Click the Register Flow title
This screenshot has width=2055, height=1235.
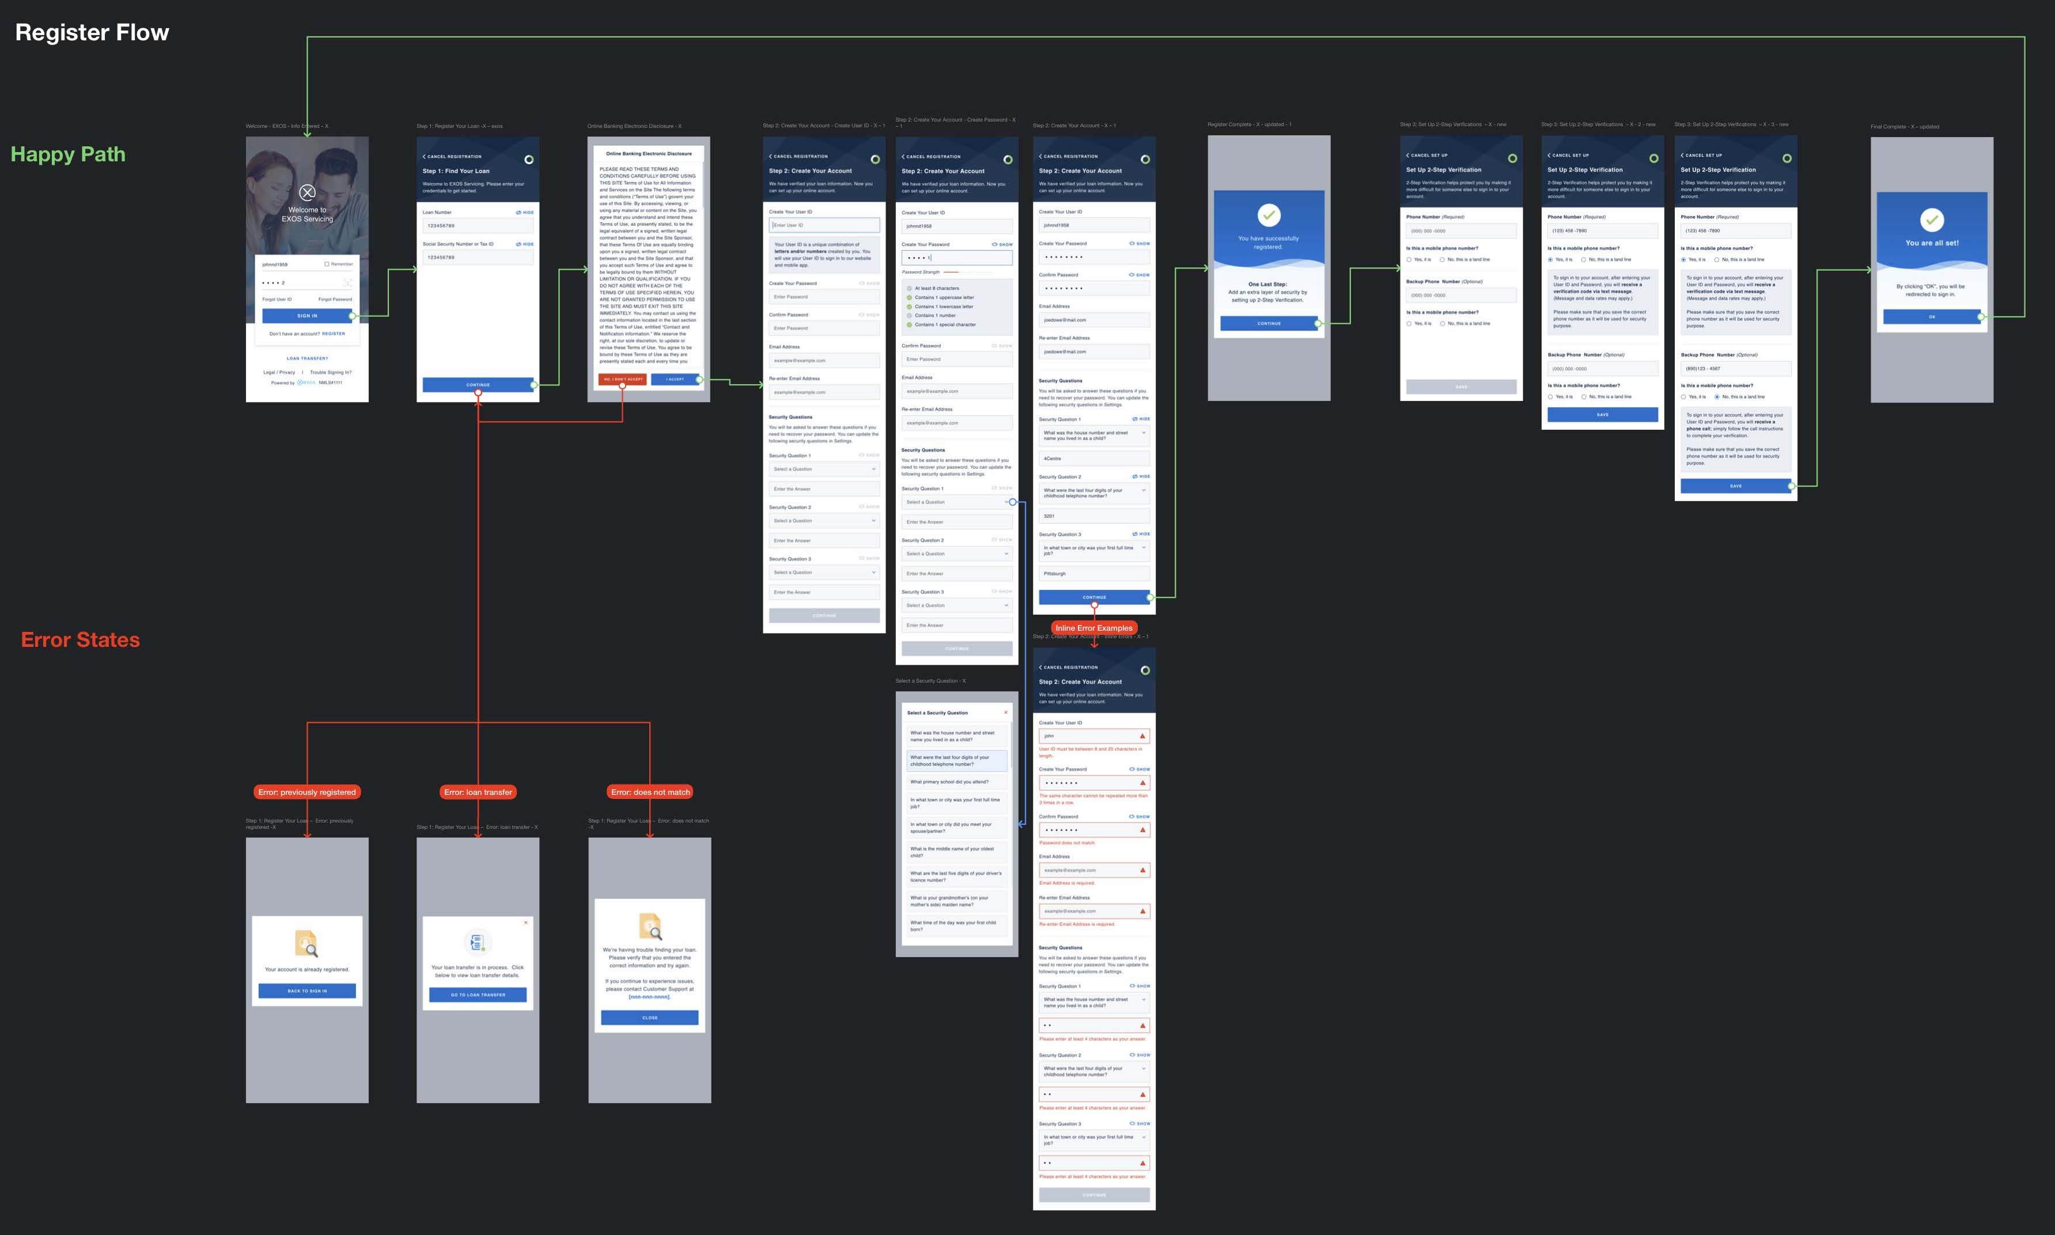(x=92, y=32)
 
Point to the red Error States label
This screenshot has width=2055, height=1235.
(x=80, y=639)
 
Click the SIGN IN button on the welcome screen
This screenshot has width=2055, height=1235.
(x=306, y=316)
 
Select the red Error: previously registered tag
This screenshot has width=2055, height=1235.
(x=306, y=792)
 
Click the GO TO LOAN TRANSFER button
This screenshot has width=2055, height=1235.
(x=478, y=994)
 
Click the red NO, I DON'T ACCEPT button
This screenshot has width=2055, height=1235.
(x=623, y=380)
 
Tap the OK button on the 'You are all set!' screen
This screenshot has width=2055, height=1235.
(x=1931, y=317)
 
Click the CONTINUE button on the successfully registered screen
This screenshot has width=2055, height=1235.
(x=1269, y=323)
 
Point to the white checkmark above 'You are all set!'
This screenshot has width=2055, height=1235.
(x=1931, y=219)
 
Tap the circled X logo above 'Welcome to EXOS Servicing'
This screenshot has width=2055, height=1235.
(x=307, y=192)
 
